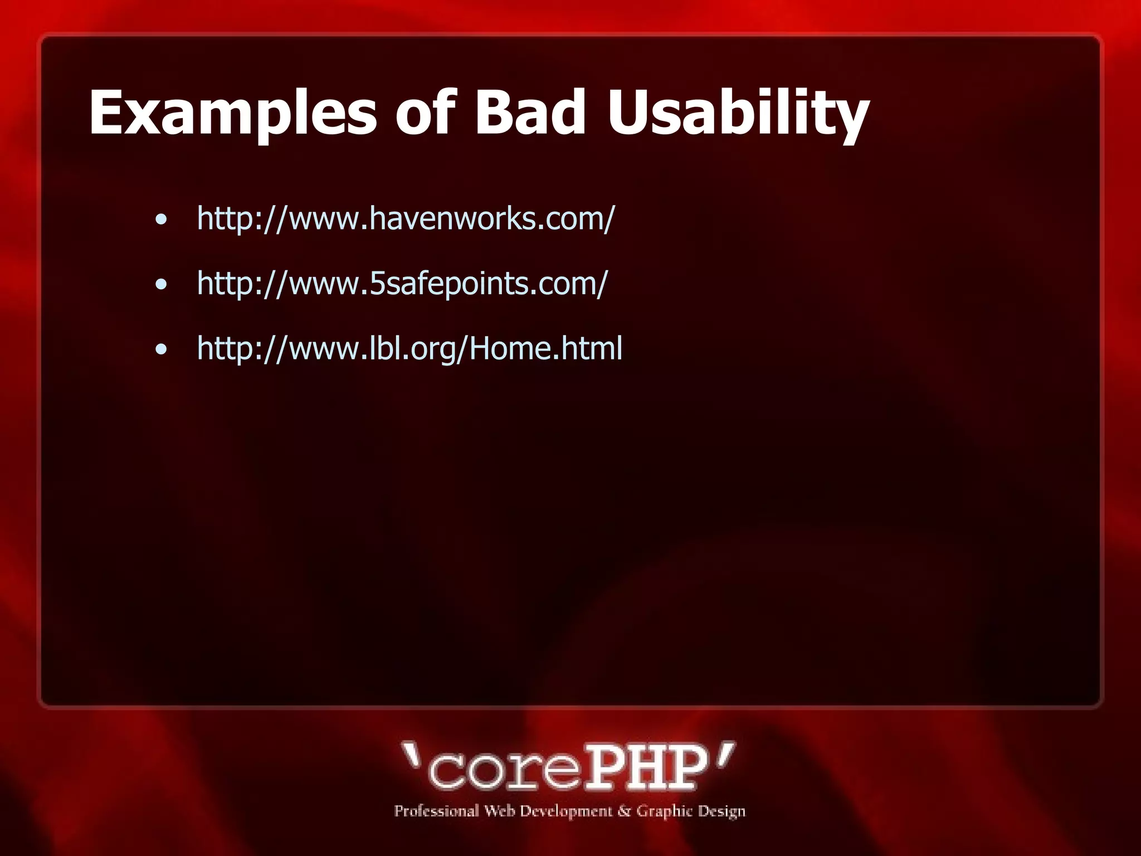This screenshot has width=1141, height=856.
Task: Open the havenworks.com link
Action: point(406,218)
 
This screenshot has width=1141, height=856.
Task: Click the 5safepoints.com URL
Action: point(402,283)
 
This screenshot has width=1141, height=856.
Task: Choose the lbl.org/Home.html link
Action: point(409,348)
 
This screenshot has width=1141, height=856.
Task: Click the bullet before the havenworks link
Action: point(161,220)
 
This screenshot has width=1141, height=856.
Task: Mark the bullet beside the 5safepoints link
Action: point(161,285)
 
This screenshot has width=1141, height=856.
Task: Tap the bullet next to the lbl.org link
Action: point(161,350)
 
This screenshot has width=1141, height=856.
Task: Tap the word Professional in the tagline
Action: point(436,811)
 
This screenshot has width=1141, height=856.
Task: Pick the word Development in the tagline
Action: point(565,811)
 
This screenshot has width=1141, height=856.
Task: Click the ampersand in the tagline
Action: point(624,811)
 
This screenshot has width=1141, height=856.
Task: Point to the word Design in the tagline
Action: point(721,811)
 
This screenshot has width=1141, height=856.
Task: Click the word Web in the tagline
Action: point(499,811)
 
